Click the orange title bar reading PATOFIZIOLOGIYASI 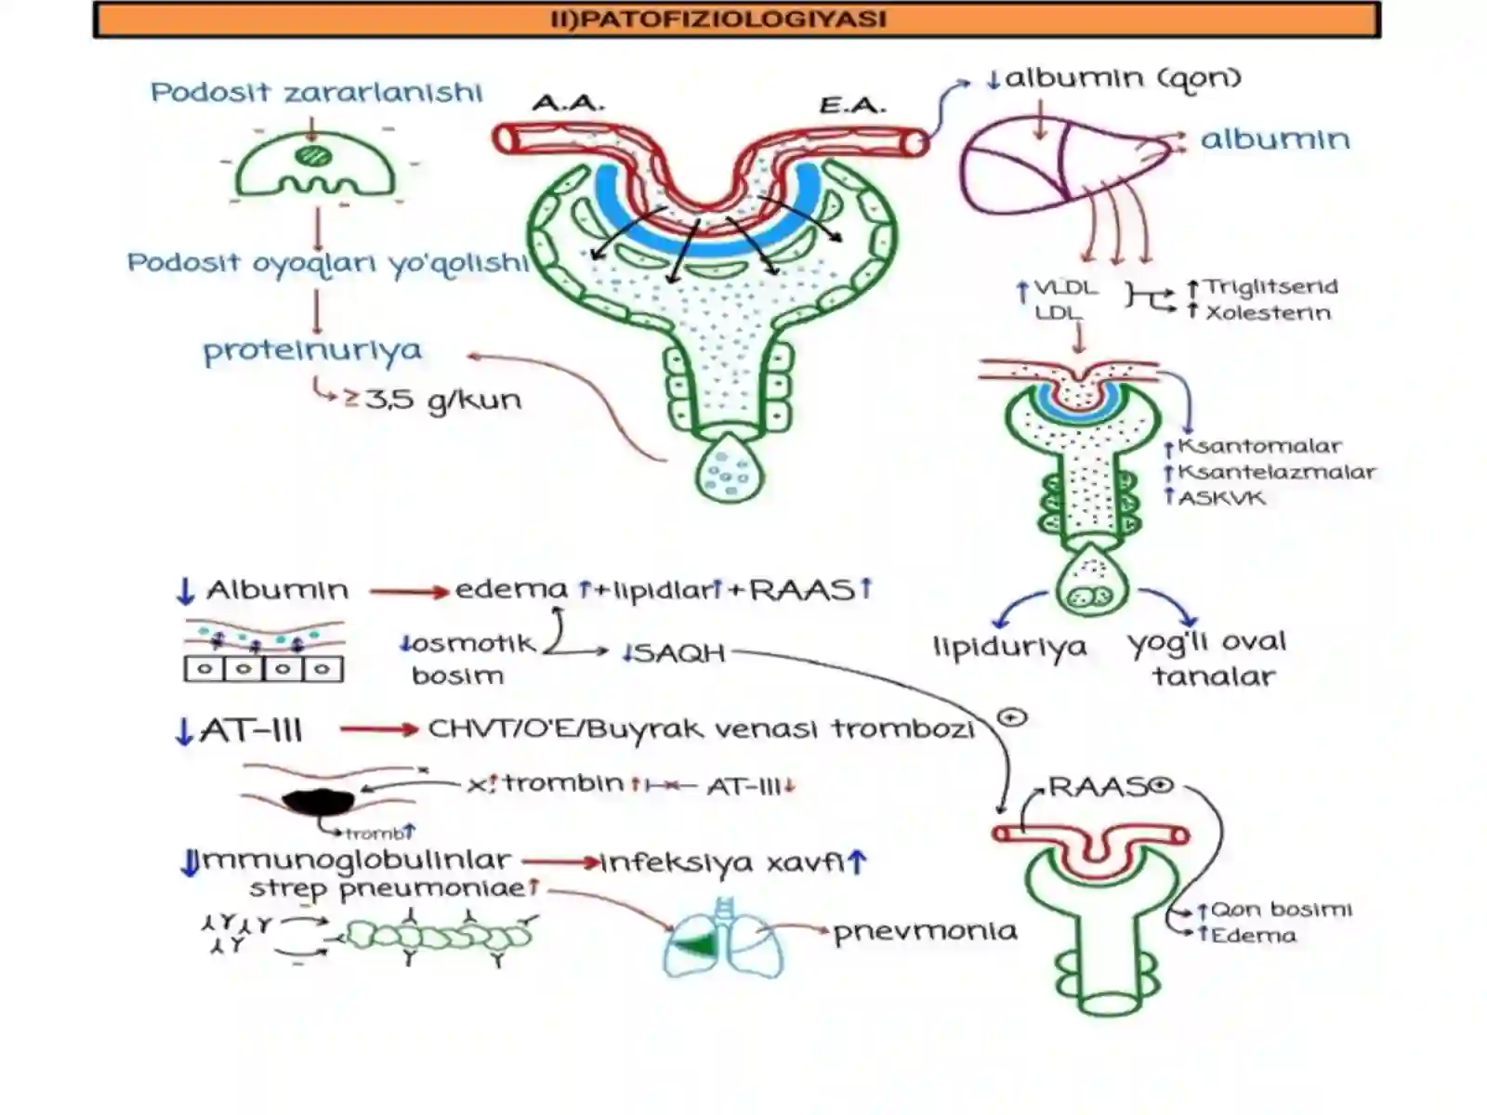pyautogui.click(x=736, y=20)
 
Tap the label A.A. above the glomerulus pyautogui.click(x=568, y=103)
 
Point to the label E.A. pyautogui.click(x=851, y=106)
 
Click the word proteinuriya pyautogui.click(x=312, y=351)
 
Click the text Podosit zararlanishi pyautogui.click(x=316, y=92)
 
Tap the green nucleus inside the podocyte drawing pyautogui.click(x=312, y=156)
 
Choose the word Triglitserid pyautogui.click(x=1270, y=286)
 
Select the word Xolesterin pyautogui.click(x=1268, y=313)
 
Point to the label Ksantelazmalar pyautogui.click(x=1276, y=472)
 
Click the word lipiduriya pyautogui.click(x=1009, y=648)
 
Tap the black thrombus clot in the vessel pyautogui.click(x=318, y=802)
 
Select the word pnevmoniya pyautogui.click(x=925, y=932)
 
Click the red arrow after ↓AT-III pyautogui.click(x=379, y=729)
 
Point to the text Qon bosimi pyautogui.click(x=1281, y=910)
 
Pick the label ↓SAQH pyautogui.click(x=674, y=653)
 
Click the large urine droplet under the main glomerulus pyautogui.click(x=730, y=469)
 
